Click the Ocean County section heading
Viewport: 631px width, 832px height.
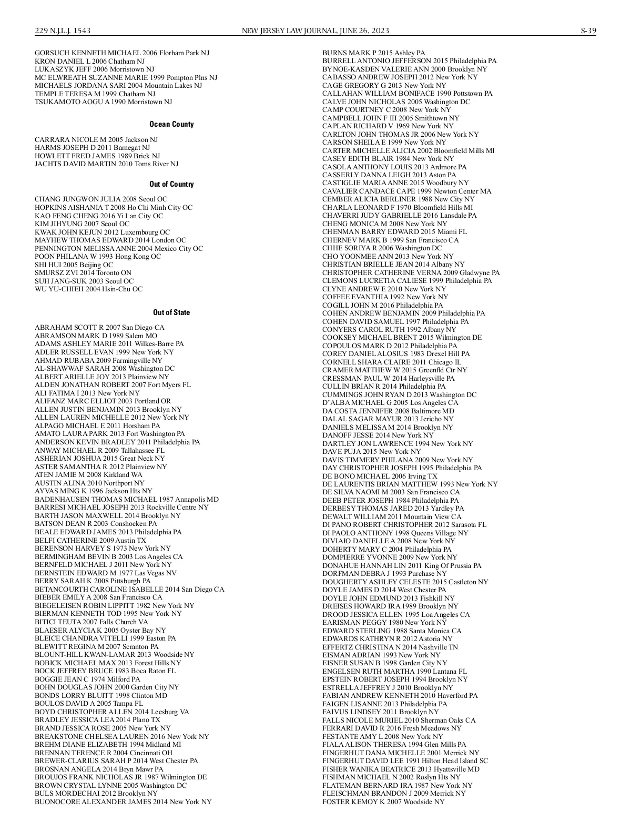(x=171, y=124)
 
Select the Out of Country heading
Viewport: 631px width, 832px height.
(x=171, y=184)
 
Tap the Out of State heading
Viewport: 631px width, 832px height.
(x=171, y=312)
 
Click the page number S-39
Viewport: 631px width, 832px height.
(x=588, y=31)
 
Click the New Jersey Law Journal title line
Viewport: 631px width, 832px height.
(x=315, y=31)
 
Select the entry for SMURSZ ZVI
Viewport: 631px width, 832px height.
(x=83, y=272)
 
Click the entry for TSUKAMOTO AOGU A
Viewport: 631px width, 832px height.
(x=103, y=102)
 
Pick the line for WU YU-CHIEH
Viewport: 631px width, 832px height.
(x=88, y=289)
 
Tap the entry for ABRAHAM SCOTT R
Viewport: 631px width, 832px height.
(x=99, y=327)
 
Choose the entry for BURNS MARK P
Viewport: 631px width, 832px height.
(x=374, y=53)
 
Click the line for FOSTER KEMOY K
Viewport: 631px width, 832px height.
(x=383, y=801)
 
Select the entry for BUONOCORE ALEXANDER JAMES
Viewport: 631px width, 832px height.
(x=123, y=801)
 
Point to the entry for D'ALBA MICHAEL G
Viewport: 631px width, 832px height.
(x=390, y=402)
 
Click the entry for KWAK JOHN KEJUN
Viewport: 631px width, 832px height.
(x=103, y=232)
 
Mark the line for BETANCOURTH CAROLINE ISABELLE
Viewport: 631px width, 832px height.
(x=129, y=589)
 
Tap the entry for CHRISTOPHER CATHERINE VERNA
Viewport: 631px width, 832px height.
(x=411, y=272)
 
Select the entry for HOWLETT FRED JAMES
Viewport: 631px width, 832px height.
(x=97, y=156)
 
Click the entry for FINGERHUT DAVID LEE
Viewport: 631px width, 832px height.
(x=405, y=760)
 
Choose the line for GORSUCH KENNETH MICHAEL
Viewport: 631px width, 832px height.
(x=122, y=53)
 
